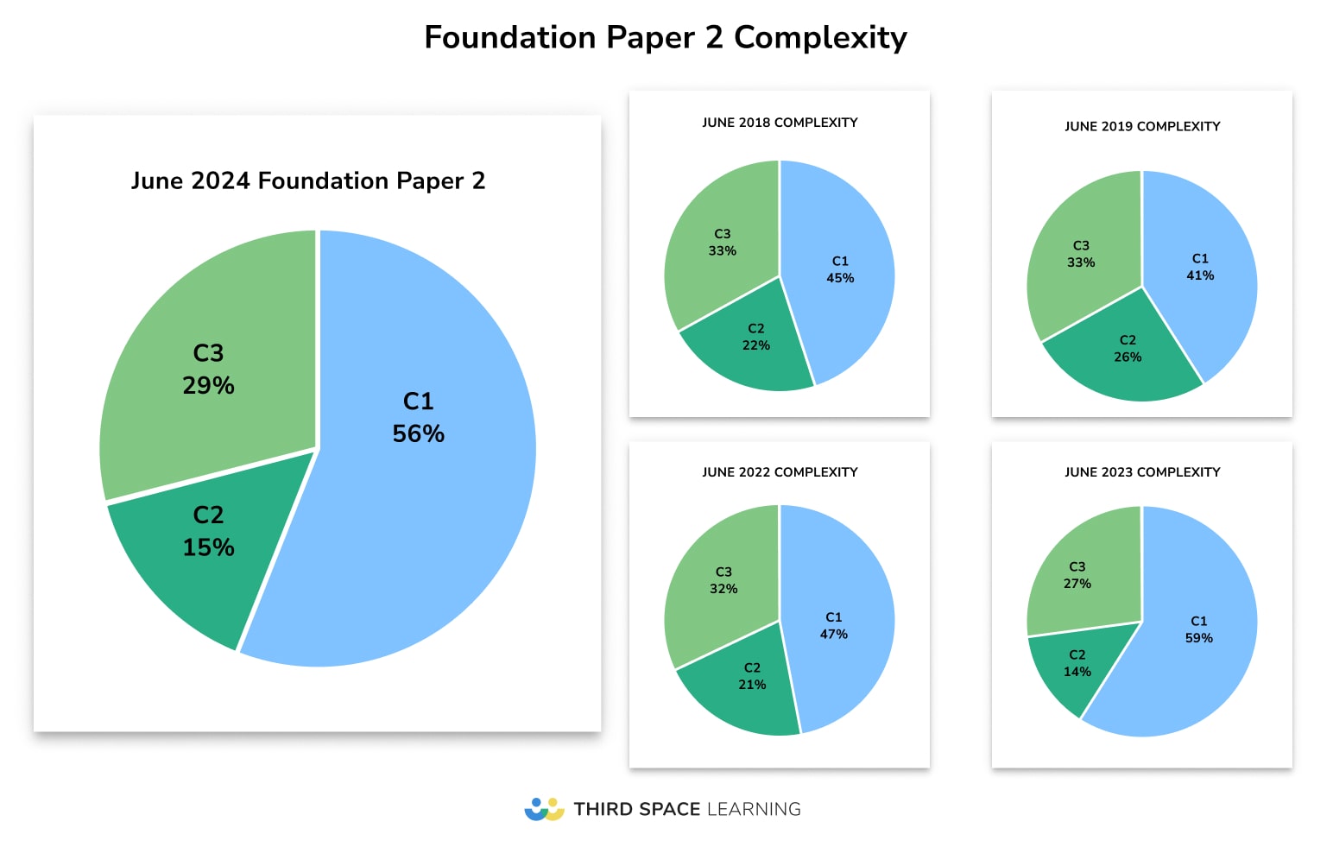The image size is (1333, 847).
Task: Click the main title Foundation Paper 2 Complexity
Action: [666, 38]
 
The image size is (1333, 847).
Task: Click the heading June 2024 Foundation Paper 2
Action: [308, 180]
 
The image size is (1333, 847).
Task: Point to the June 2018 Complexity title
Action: [780, 123]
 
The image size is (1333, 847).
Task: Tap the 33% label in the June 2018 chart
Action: [723, 251]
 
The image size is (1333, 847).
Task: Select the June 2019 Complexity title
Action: [1142, 126]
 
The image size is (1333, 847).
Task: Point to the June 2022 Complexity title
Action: [780, 472]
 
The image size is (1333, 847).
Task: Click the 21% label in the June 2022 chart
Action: [752, 685]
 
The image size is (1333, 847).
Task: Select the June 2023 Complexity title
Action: [1142, 472]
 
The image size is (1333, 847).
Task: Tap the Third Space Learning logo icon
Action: [544, 809]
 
